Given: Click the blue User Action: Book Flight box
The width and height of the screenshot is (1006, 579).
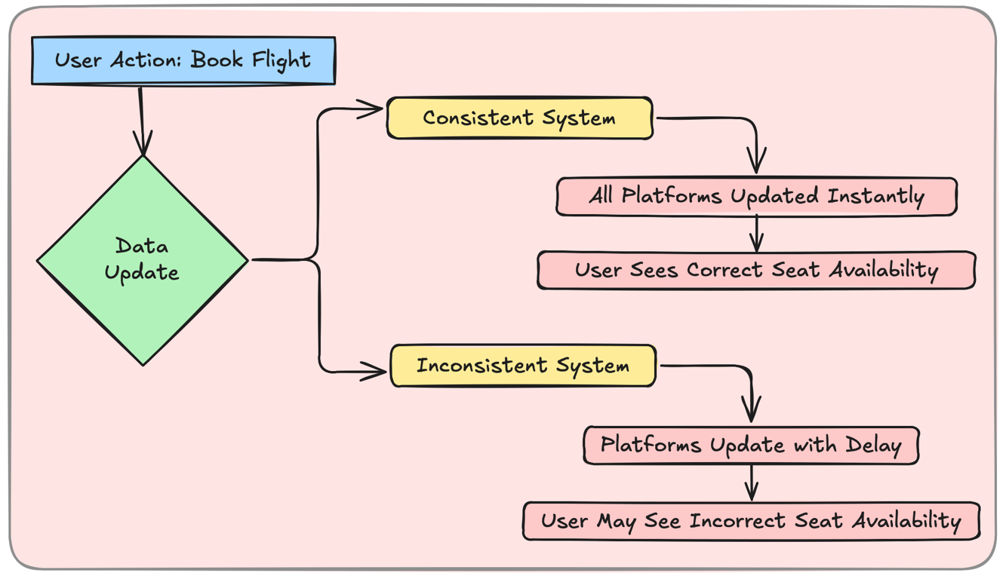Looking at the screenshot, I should pyautogui.click(x=183, y=60).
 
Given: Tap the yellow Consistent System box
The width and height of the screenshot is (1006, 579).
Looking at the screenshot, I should pyautogui.click(x=519, y=118).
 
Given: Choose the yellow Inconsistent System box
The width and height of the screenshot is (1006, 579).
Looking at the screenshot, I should pyautogui.click(x=522, y=366).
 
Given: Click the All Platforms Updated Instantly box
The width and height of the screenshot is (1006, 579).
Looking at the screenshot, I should pyautogui.click(x=756, y=197).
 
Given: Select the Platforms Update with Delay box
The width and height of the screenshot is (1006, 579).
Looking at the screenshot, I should pyautogui.click(x=751, y=445).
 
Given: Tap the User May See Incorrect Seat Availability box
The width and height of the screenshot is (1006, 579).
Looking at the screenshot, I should pyautogui.click(x=751, y=521).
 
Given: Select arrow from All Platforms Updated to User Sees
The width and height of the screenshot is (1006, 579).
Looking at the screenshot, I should pyautogui.click(x=756, y=234).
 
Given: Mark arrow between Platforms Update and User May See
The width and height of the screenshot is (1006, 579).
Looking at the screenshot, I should pyautogui.click(x=751, y=483).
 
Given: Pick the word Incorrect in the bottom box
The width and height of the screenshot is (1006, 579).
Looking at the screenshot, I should pyautogui.click(x=737, y=521).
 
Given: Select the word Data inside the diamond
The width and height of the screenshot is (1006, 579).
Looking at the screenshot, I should pyautogui.click(x=142, y=247).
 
